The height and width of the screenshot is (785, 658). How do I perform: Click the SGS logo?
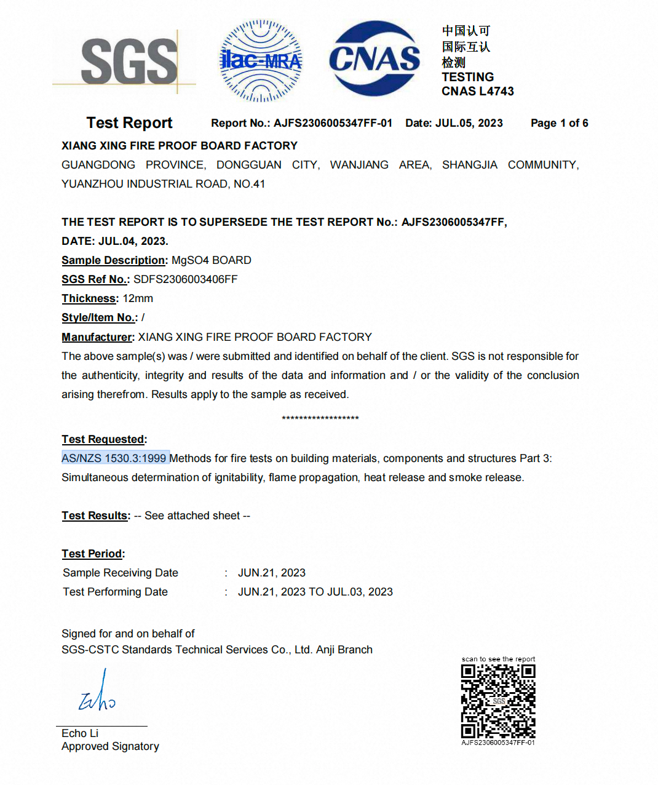point(129,61)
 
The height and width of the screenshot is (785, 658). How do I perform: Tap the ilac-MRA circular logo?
point(261,61)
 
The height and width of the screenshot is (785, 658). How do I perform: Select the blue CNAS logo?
point(375,59)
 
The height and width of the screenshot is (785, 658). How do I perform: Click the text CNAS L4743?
point(477,91)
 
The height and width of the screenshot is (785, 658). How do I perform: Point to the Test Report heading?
point(129,123)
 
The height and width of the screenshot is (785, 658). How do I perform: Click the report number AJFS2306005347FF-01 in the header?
point(333,123)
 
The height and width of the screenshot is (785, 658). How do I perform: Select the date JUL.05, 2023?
point(469,123)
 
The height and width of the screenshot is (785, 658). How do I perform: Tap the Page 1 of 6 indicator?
point(559,123)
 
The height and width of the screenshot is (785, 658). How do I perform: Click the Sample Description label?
point(114,260)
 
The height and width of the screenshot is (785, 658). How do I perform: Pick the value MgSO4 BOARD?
point(211,260)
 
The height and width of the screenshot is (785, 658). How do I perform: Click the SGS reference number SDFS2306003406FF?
point(185,279)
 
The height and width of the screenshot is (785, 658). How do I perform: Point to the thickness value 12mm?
point(138,298)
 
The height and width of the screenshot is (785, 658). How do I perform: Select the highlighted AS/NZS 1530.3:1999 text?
point(114,458)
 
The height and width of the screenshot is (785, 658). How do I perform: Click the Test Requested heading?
point(103,439)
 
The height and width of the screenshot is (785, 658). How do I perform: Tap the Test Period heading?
point(92,554)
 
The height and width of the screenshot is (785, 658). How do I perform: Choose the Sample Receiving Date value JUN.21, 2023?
point(271,573)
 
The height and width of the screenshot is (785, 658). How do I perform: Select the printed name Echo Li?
point(80,733)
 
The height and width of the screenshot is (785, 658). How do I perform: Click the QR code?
point(498,701)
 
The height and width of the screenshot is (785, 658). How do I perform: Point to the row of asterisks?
point(320,418)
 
